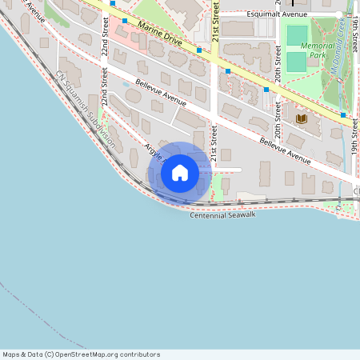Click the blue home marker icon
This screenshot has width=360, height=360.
[x=180, y=173]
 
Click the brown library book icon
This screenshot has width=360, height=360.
[x=301, y=118]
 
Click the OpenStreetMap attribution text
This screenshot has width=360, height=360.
[x=82, y=354]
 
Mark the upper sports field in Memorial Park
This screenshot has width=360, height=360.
[x=297, y=35]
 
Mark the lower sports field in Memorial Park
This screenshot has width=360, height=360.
[x=297, y=61]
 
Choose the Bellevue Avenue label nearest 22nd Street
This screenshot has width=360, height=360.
[x=161, y=93]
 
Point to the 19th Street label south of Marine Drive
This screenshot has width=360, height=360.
[x=353, y=136]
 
